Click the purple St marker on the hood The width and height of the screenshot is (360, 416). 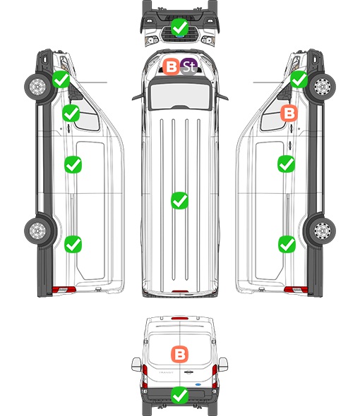[x=189, y=66]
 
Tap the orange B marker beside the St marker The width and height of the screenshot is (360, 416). [x=171, y=66]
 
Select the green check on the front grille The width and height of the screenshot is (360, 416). [x=180, y=27]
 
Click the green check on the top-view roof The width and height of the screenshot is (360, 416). [x=180, y=200]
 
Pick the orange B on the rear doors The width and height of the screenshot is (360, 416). [x=180, y=354]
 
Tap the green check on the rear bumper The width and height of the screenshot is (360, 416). [x=180, y=396]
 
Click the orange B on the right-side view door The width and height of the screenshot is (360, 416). [x=289, y=113]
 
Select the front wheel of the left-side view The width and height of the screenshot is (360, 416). [x=37, y=86]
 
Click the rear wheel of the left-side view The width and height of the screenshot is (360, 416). [x=37, y=231]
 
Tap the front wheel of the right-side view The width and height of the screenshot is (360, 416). [x=323, y=86]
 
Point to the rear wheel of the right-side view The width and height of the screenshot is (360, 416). [x=323, y=231]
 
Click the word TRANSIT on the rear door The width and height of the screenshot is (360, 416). [x=166, y=372]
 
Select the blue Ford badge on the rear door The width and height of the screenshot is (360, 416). [x=198, y=384]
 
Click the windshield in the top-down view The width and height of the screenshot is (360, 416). [x=180, y=95]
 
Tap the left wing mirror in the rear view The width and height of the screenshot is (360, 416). [x=136, y=365]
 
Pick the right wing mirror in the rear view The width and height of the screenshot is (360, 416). [x=224, y=365]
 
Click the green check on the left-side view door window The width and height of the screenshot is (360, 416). [x=71, y=113]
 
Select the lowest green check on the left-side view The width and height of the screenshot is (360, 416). [x=73, y=244]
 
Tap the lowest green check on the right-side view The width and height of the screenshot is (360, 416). [x=287, y=244]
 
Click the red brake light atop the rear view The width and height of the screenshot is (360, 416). [x=180, y=318]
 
